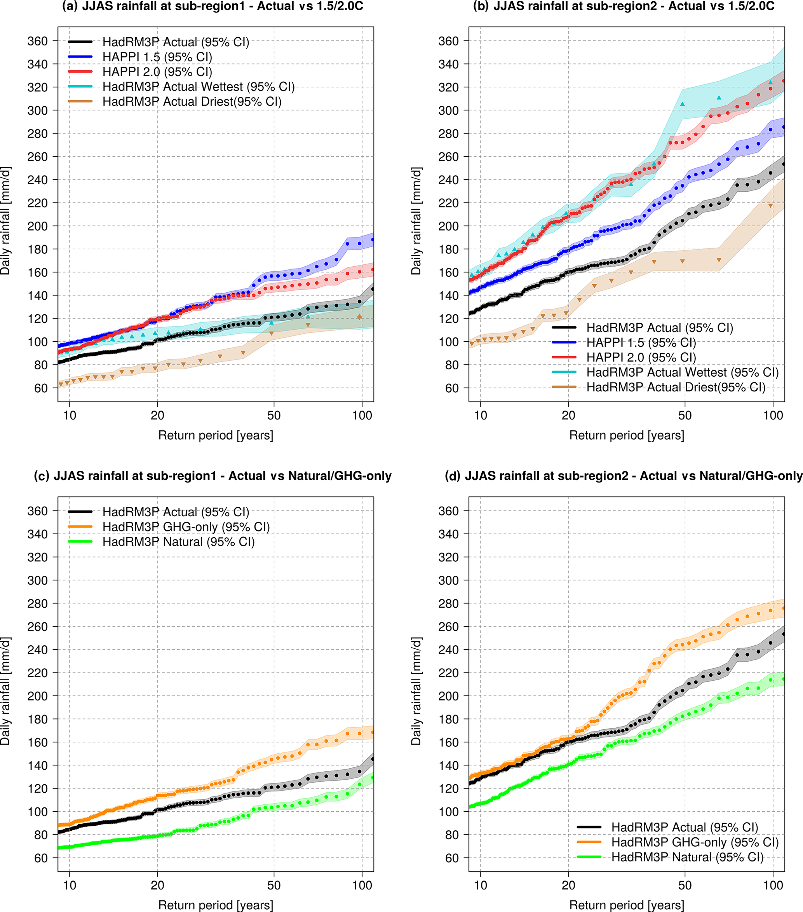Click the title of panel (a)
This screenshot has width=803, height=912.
(x=212, y=6)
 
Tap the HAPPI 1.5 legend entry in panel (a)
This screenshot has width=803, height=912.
(x=157, y=57)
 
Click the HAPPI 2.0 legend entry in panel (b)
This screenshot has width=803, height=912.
(x=641, y=357)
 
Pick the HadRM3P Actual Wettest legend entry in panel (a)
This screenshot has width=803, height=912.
(x=199, y=87)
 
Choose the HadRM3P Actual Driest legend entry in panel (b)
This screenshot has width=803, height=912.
(x=676, y=387)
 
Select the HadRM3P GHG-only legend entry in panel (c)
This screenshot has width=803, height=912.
(x=186, y=527)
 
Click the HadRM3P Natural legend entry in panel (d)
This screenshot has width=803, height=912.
(x=687, y=857)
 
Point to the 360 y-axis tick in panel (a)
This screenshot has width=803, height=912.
(x=37, y=41)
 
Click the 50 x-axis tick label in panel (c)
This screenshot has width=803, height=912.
(x=274, y=885)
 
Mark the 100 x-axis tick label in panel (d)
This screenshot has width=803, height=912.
(x=773, y=885)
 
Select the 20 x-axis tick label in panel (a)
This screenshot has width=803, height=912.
(x=157, y=416)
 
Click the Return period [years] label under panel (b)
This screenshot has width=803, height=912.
(x=627, y=435)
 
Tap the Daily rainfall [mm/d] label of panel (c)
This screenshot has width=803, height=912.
(x=5, y=691)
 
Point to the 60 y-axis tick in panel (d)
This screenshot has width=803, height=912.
(x=452, y=858)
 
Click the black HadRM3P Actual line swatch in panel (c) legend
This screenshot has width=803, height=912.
(x=80, y=512)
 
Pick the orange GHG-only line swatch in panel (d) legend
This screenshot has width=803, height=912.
(x=589, y=842)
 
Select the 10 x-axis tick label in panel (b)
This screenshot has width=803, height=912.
(x=480, y=416)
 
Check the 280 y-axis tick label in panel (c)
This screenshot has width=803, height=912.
(x=37, y=604)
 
